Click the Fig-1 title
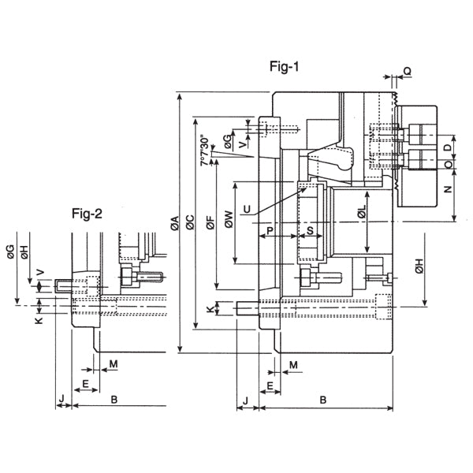pos(284,67)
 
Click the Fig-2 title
pos(87,214)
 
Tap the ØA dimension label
pos(175,223)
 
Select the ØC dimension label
pos(190,222)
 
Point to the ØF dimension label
pos(210,222)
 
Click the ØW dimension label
pos(229,219)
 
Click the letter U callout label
pos(247,209)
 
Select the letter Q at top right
pos(408,71)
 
